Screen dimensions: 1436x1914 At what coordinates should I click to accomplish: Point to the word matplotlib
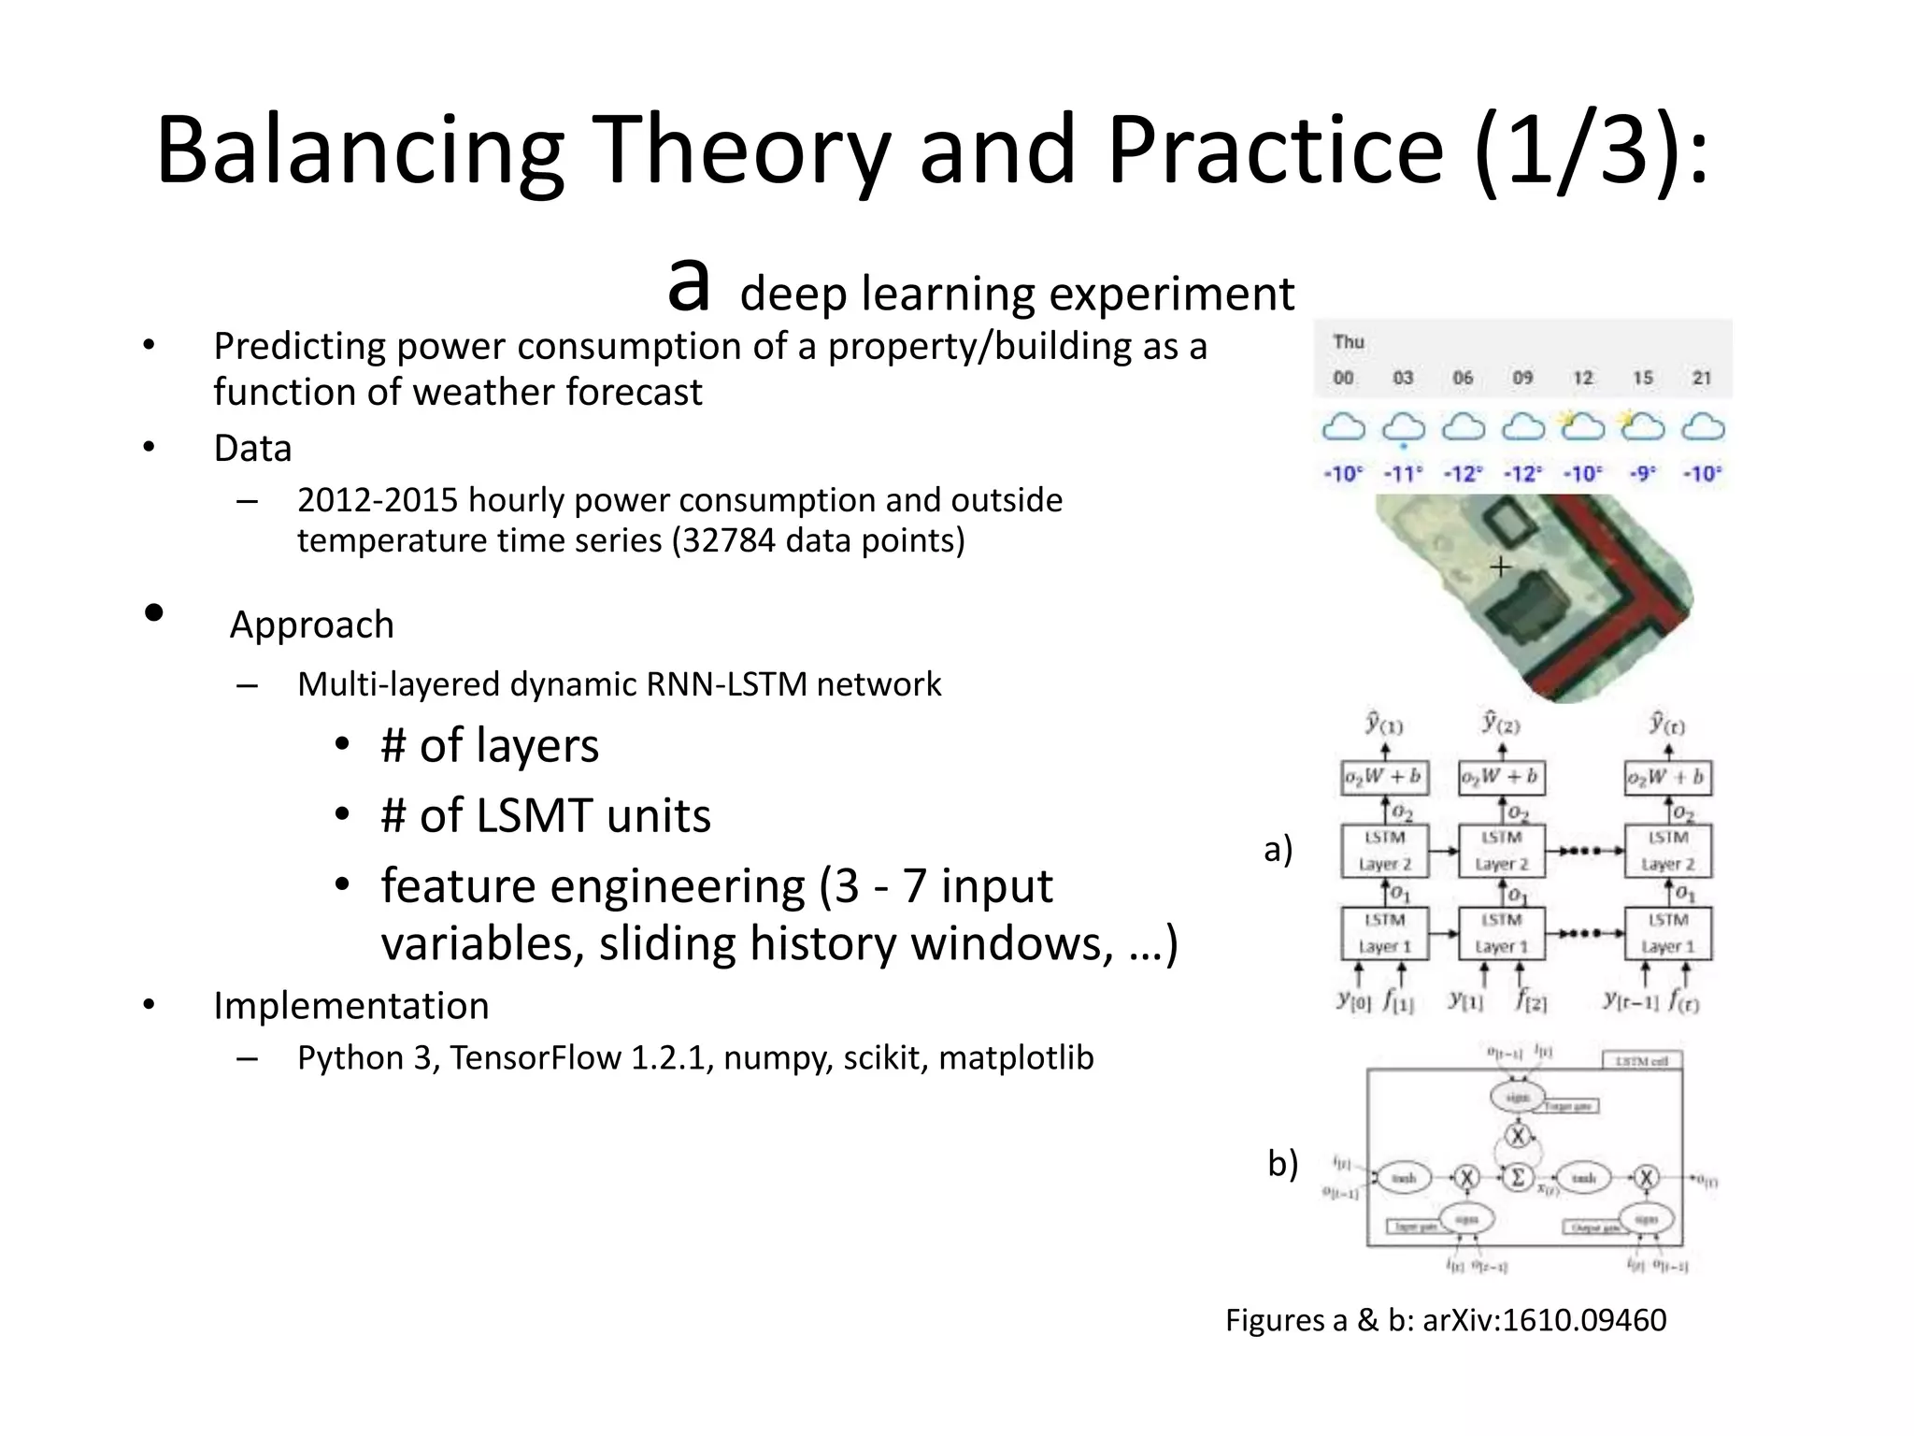1016,1057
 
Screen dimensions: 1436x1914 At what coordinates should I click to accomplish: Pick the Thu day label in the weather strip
1349,342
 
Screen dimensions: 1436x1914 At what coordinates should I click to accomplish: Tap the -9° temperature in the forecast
1642,474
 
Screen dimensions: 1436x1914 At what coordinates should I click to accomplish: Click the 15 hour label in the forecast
1642,378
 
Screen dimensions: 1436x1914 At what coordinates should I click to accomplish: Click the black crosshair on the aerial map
1500,567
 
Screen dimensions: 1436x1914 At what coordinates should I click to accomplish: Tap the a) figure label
1278,849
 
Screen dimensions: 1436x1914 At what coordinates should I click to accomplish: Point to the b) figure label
1282,1164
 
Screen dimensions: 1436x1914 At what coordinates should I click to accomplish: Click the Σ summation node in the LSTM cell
1518,1177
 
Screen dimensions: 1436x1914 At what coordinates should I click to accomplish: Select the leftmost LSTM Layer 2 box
1384,851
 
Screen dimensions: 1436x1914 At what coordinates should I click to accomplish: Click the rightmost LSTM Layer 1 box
1667,933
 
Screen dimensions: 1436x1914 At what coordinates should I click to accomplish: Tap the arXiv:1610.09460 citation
1544,1320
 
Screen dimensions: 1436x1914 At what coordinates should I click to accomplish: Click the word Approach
312,625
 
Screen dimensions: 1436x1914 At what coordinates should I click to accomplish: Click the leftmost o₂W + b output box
1384,777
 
